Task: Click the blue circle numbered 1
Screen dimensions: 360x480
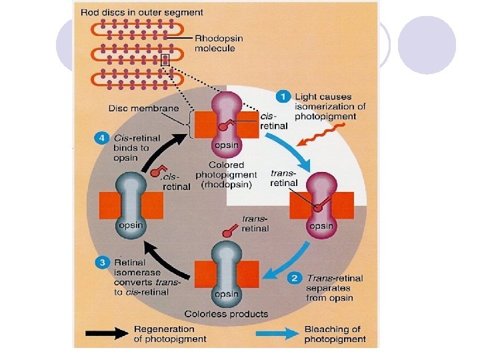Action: (285, 97)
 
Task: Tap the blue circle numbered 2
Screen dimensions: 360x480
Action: (294, 277)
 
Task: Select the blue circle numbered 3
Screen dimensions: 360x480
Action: (103, 263)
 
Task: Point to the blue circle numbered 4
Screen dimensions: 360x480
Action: (101, 138)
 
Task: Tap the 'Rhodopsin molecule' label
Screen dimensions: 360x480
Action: (218, 43)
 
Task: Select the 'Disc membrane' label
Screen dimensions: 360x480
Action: (137, 108)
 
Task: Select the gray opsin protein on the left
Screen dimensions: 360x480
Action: (131, 204)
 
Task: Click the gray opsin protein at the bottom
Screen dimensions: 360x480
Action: (225, 273)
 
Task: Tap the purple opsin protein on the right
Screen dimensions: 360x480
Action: (322, 203)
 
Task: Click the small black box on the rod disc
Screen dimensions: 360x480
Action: (165, 60)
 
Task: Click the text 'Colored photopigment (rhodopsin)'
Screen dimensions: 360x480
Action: (227, 175)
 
